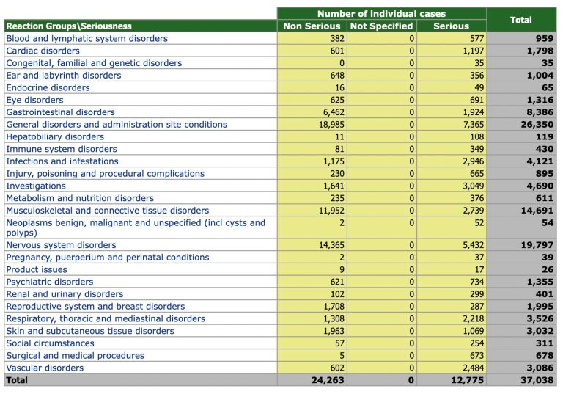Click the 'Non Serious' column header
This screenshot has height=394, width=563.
311,26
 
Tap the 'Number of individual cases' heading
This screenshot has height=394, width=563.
381,14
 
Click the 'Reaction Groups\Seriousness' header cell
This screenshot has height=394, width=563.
69,26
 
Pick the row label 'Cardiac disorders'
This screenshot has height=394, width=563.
43,51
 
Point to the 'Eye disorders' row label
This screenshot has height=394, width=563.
34,100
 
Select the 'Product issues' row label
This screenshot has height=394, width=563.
37,269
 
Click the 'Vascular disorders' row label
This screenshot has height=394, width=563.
45,368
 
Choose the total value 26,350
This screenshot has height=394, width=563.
536,125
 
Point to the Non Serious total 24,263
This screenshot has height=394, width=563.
327,380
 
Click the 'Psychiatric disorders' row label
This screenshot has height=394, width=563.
49,282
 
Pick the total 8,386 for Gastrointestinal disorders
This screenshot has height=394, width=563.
539,112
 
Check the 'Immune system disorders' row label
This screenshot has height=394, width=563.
61,149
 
